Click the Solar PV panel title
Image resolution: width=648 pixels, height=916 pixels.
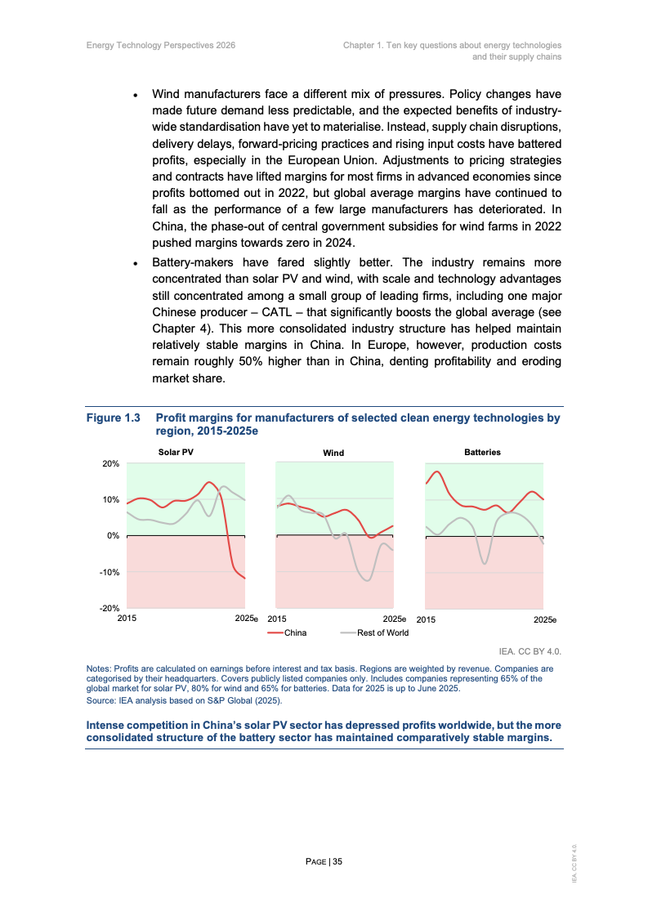[x=176, y=452]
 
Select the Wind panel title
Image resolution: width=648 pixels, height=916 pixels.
[x=333, y=453]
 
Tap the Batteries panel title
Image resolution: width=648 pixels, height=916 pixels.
[x=482, y=452]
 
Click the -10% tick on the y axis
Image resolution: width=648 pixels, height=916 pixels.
[x=110, y=572]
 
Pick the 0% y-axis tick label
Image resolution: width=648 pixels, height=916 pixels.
[x=114, y=535]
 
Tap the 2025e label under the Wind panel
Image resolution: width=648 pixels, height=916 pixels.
[x=395, y=619]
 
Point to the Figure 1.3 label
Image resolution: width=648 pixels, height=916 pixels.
[x=114, y=418]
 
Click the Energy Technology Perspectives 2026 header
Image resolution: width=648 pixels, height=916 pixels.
[x=161, y=45]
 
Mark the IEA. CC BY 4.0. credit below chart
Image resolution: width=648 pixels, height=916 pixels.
[x=530, y=651]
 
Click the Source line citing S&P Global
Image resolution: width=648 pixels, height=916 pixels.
[x=184, y=700]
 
